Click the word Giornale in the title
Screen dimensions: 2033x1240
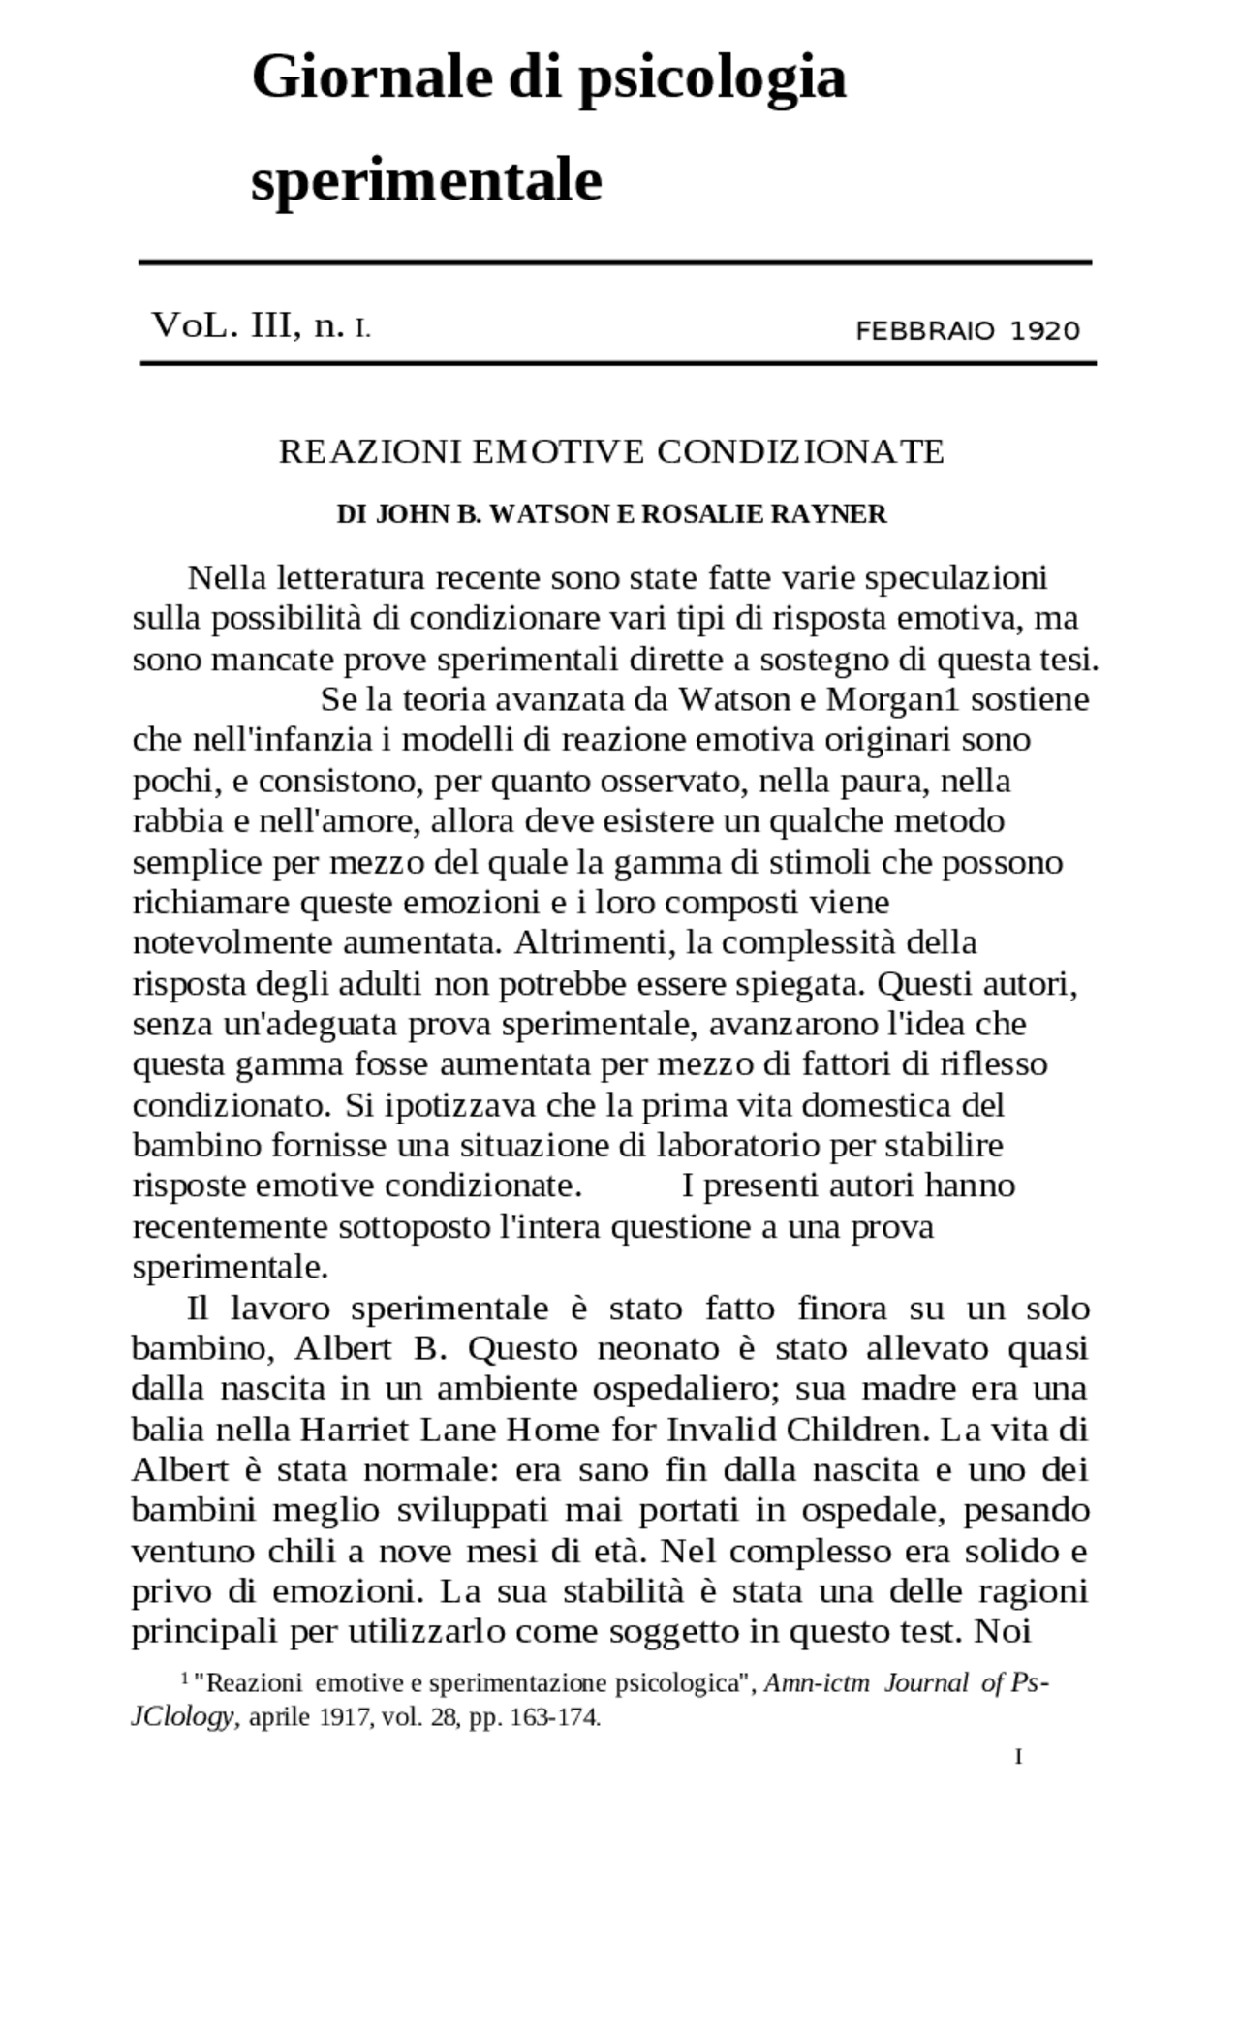371,77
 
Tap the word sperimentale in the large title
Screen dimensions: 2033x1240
426,180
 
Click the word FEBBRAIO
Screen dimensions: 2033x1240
925,331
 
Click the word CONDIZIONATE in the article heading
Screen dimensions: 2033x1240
800,451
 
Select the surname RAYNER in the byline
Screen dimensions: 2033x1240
828,514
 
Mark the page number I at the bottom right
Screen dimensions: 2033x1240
1018,1757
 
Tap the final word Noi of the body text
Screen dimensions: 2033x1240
1003,1632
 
